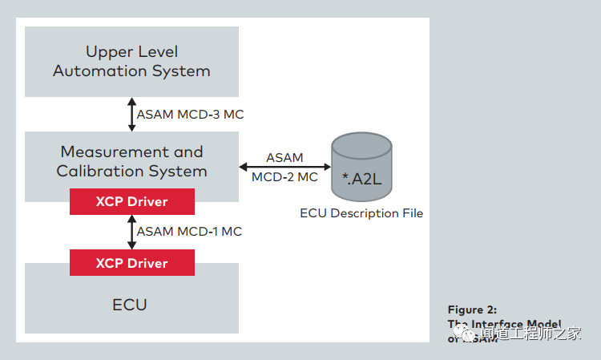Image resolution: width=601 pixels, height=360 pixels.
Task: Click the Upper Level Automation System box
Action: point(131,62)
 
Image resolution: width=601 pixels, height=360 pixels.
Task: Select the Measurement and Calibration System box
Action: point(131,160)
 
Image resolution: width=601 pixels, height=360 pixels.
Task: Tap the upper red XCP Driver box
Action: point(132,201)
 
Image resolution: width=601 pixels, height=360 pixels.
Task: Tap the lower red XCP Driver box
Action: point(132,263)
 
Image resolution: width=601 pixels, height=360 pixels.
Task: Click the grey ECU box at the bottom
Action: point(131,305)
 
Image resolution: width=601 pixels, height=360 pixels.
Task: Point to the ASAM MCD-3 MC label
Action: point(190,115)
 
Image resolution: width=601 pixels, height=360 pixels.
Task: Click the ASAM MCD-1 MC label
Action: point(189,232)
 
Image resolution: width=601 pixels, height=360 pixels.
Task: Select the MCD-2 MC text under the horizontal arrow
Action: point(284,177)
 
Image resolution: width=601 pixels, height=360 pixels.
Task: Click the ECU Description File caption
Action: point(361,213)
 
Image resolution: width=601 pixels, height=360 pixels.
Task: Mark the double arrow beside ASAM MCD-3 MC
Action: point(132,115)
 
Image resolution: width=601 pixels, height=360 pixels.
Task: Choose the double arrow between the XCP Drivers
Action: point(132,232)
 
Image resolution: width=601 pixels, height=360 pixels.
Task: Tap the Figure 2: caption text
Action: point(471,309)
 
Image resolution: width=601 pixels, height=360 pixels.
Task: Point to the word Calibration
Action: point(96,171)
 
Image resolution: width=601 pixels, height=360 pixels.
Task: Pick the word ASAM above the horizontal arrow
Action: point(284,157)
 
